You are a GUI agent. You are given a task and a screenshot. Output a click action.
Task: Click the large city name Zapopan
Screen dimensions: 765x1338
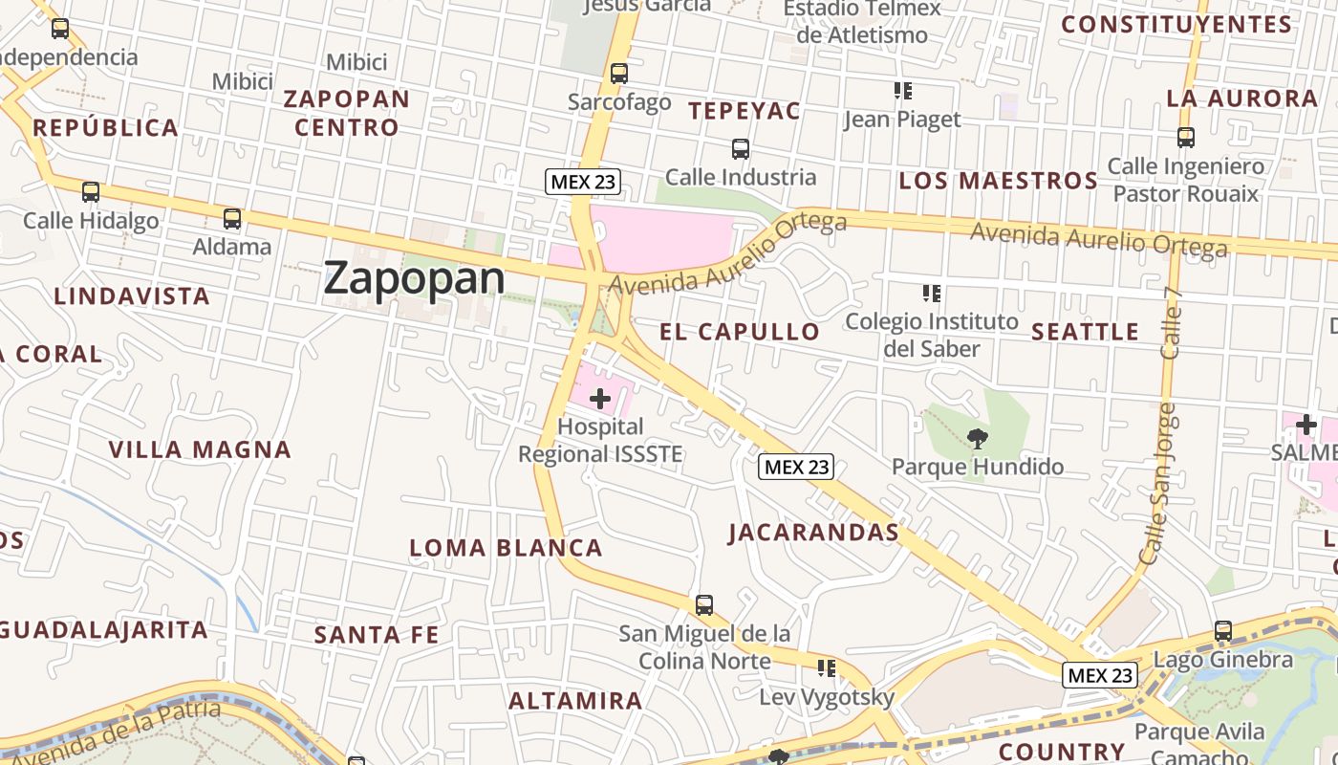pos(414,278)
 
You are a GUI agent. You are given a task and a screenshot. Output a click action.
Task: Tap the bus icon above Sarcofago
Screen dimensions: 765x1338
pos(619,73)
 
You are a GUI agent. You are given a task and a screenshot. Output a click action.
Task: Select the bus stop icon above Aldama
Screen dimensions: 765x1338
pos(232,219)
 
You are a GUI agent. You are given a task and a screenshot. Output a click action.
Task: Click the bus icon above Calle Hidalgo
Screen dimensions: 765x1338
pos(91,192)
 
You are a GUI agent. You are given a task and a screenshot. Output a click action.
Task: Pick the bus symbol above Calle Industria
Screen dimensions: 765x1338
pos(741,149)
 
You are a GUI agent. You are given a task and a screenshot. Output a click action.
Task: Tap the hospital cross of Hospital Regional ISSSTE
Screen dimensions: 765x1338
pos(600,398)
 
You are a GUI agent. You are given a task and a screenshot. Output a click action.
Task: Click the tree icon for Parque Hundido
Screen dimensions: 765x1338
pos(977,439)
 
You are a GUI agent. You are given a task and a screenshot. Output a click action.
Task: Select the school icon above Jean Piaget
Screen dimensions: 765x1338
pos(902,91)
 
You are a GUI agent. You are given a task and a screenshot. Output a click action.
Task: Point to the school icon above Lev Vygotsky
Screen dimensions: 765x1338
pos(826,668)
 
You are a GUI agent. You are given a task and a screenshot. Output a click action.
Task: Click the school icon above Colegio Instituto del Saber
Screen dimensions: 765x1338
pos(931,294)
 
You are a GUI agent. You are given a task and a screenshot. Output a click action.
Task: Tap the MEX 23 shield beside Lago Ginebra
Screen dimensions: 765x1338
pos(1100,675)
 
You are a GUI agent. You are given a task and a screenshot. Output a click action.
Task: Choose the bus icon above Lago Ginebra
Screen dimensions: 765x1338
pos(1223,631)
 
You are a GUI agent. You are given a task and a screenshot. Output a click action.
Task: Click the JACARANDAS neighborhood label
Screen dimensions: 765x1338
pos(813,533)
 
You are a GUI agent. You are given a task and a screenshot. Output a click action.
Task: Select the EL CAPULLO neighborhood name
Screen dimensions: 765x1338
pos(740,332)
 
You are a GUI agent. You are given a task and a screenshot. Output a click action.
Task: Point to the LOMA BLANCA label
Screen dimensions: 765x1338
pos(506,548)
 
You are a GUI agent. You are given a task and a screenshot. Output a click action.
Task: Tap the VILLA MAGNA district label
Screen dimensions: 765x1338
pos(200,449)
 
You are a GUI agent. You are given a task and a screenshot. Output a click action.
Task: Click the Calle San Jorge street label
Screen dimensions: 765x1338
pos(1159,483)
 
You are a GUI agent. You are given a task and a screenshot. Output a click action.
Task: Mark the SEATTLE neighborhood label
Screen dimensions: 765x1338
pos(1086,332)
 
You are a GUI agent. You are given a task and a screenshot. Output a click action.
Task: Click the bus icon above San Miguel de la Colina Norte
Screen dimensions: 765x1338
pos(704,604)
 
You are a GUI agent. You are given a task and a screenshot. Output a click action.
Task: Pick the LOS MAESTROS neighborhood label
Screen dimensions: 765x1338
pos(999,181)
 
